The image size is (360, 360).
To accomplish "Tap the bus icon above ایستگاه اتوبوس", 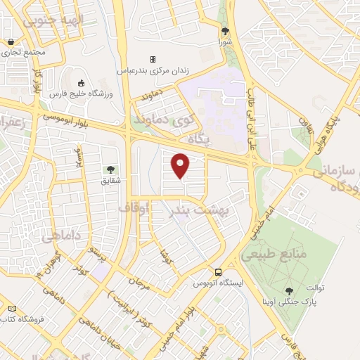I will point(218,272).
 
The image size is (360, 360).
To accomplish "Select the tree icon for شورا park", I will point(226,31).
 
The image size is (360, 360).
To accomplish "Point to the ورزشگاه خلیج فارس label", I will point(76,92).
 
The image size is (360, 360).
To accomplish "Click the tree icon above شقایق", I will point(110,169).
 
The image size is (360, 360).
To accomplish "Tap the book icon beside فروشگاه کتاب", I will point(12,309).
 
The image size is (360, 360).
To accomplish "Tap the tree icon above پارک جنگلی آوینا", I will point(289,290).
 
